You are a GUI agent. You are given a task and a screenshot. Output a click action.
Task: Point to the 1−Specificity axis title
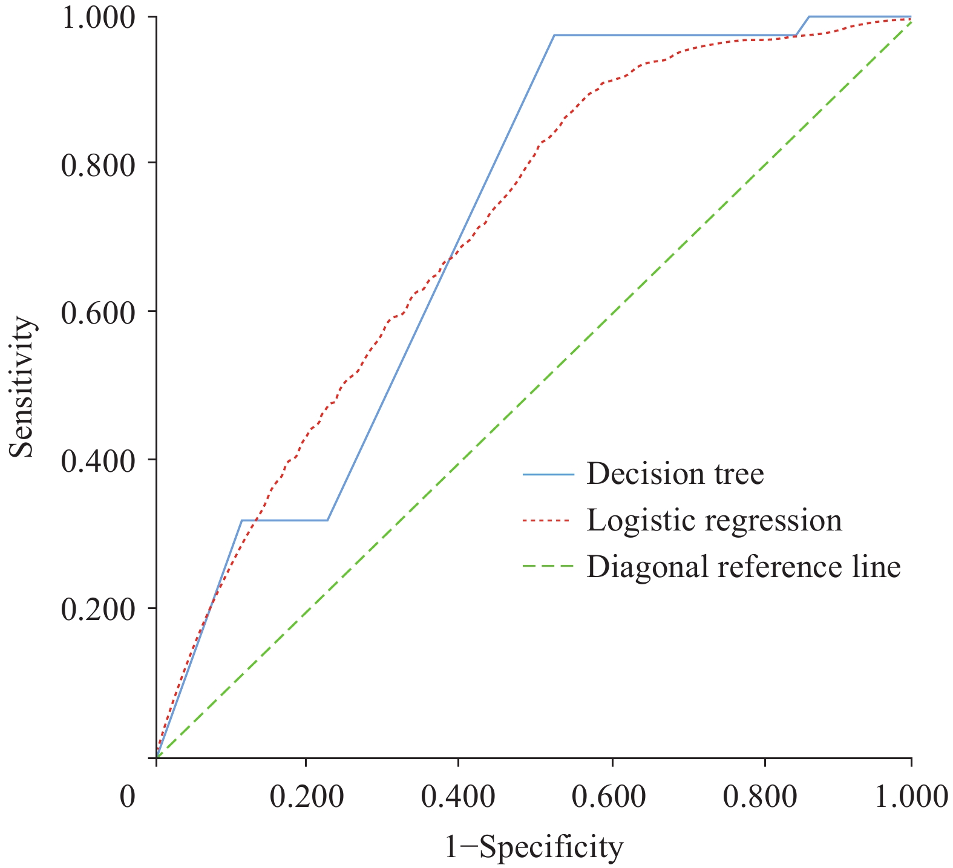(x=534, y=848)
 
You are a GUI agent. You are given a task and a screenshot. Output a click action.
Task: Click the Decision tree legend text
(x=675, y=474)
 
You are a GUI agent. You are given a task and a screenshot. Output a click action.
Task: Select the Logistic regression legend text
(x=714, y=520)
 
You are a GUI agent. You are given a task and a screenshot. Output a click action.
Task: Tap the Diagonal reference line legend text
(x=744, y=567)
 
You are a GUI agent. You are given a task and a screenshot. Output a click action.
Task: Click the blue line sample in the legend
(x=548, y=474)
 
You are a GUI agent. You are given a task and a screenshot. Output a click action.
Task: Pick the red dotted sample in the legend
(x=548, y=521)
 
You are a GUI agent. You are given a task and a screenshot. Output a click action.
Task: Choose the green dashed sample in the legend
(x=548, y=567)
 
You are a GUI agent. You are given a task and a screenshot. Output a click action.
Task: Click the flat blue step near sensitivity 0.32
(x=284, y=520)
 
